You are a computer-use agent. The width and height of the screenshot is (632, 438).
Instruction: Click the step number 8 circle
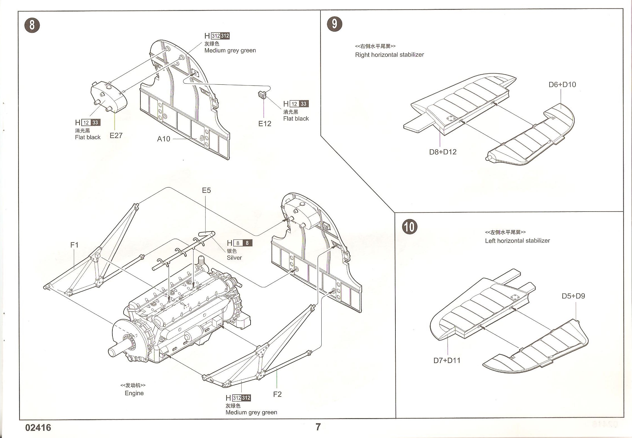[x=32, y=25]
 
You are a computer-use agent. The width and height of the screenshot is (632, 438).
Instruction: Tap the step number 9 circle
[x=334, y=24]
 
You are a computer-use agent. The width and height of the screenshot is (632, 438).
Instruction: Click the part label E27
[x=116, y=136]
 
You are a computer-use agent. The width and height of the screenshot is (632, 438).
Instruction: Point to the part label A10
[x=164, y=139]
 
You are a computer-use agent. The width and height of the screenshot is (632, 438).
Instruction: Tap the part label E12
[x=265, y=124]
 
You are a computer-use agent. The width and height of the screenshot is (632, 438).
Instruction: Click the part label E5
[x=206, y=190]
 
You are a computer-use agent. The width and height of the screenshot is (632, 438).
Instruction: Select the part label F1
[x=74, y=245]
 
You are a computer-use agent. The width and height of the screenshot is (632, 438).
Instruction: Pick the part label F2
[x=277, y=394]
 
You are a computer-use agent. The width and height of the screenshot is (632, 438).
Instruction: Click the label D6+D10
[x=562, y=84]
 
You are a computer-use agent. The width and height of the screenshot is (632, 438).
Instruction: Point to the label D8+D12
[x=443, y=152]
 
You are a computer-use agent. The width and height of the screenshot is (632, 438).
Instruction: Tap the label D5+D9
[x=573, y=296]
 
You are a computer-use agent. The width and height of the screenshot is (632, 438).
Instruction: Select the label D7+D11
[x=447, y=360]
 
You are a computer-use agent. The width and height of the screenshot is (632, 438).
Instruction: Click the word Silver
[x=234, y=257]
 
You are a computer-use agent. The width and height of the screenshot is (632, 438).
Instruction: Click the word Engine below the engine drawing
[x=134, y=393]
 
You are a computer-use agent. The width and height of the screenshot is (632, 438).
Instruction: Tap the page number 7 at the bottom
[x=318, y=427]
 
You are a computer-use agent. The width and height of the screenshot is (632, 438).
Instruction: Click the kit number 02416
[x=38, y=428]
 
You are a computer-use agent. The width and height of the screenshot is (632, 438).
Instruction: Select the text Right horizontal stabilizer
[x=389, y=55]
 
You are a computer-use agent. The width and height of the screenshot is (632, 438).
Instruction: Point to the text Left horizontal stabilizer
[x=517, y=240]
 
